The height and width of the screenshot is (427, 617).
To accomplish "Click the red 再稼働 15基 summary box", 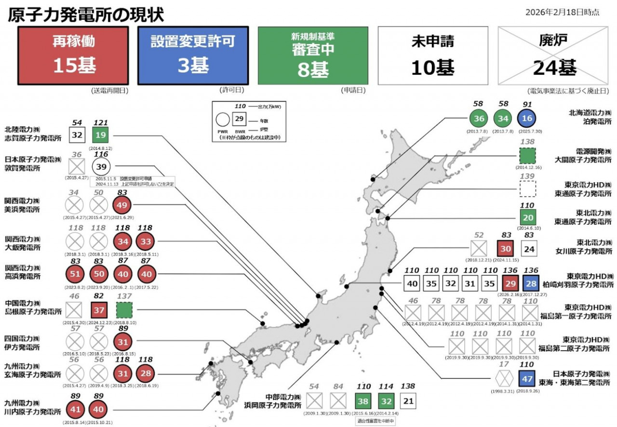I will click(x=73, y=55).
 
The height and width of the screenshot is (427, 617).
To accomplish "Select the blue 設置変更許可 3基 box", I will click(x=193, y=55).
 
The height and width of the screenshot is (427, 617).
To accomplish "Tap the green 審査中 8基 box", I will click(x=313, y=55).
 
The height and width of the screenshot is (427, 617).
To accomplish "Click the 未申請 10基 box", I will click(x=432, y=55).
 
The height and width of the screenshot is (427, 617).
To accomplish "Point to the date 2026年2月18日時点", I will click(x=563, y=12).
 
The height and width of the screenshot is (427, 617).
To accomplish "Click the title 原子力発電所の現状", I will click(x=86, y=14).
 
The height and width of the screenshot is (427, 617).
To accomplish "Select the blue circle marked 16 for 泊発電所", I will click(x=527, y=119).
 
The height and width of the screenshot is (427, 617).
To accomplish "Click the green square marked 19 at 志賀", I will click(x=101, y=135).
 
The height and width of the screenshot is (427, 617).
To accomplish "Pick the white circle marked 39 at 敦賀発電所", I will click(x=101, y=167).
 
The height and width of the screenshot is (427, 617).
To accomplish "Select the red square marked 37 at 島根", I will click(x=98, y=309).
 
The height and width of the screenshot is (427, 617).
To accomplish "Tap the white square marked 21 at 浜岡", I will click(x=408, y=401).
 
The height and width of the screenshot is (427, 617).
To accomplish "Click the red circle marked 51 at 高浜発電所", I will click(x=75, y=274).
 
